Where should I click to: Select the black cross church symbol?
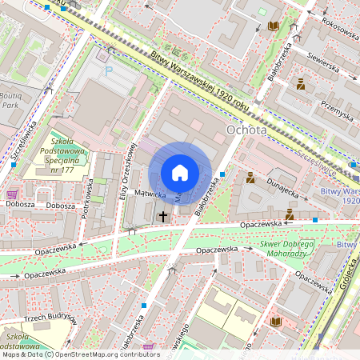[x=163, y=216]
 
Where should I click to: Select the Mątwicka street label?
[x=149, y=194]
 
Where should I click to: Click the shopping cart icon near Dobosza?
[x=12, y=194]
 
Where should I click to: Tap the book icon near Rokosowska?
[x=274, y=26]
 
